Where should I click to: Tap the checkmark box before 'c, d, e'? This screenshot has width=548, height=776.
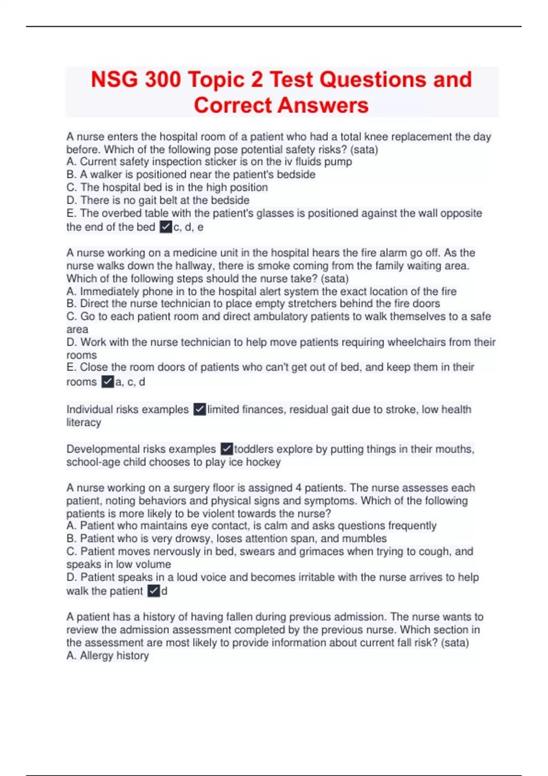[166, 227]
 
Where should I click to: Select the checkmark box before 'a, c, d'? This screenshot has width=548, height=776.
[107, 382]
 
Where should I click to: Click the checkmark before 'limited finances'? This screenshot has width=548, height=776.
[200, 409]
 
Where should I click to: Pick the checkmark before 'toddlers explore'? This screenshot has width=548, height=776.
[227, 449]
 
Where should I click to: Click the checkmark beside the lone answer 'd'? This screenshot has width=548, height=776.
[153, 591]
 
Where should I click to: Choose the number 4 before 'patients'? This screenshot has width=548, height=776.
[298, 488]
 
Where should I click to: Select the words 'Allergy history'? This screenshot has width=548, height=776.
[114, 655]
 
